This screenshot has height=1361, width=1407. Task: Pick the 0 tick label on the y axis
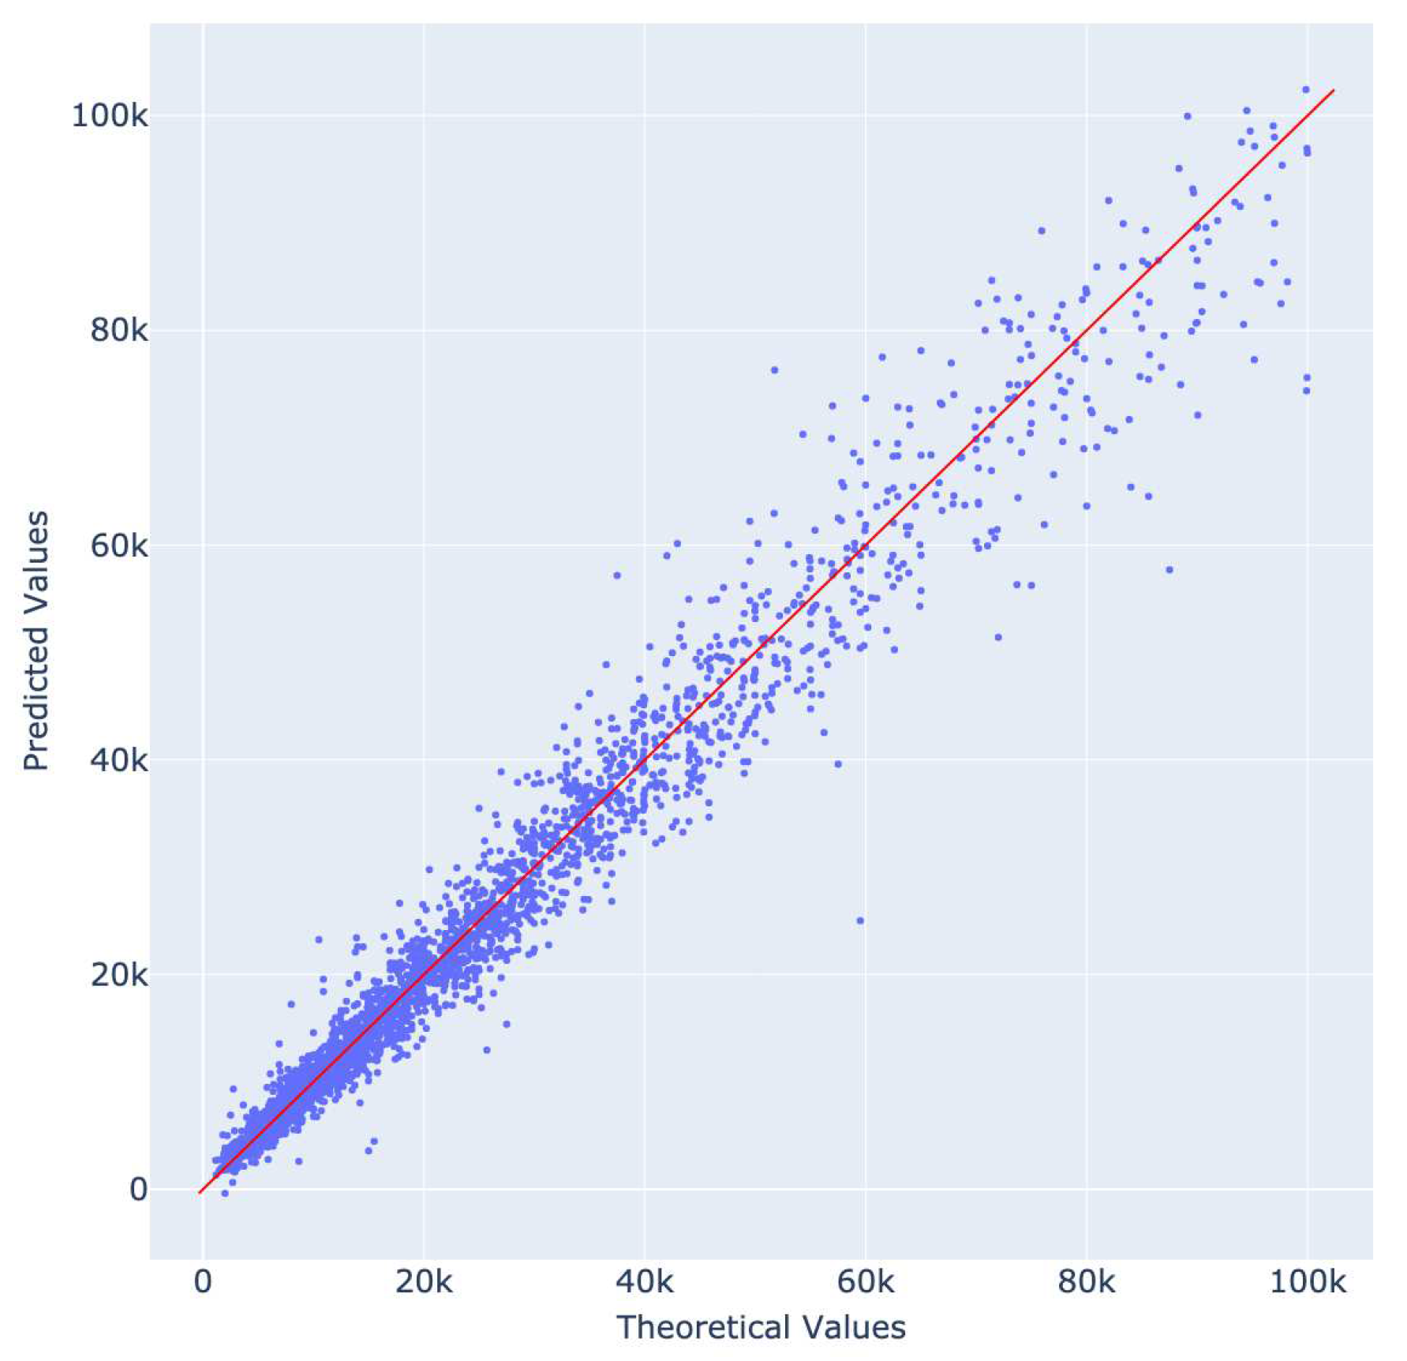(138, 1190)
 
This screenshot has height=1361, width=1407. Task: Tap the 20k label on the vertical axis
(118, 975)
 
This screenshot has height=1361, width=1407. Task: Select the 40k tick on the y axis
(118, 760)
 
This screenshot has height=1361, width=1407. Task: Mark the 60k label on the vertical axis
(118, 546)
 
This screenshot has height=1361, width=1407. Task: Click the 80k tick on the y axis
(118, 330)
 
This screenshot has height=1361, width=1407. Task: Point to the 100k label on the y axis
(110, 116)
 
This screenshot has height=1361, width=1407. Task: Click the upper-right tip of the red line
(1334, 91)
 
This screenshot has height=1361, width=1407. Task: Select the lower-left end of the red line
(200, 1192)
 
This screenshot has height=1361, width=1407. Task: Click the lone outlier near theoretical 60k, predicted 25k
(860, 920)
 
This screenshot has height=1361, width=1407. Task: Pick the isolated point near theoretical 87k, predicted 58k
(1169, 569)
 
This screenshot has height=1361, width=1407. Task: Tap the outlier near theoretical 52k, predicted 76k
(774, 369)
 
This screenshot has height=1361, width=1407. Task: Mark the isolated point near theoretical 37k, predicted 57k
(617, 575)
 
